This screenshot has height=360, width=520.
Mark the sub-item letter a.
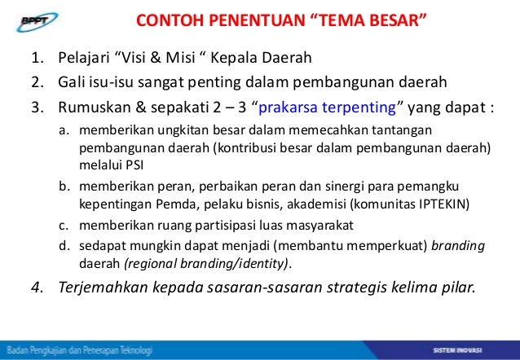click(x=63, y=131)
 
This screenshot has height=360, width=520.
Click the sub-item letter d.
click(x=63, y=244)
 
